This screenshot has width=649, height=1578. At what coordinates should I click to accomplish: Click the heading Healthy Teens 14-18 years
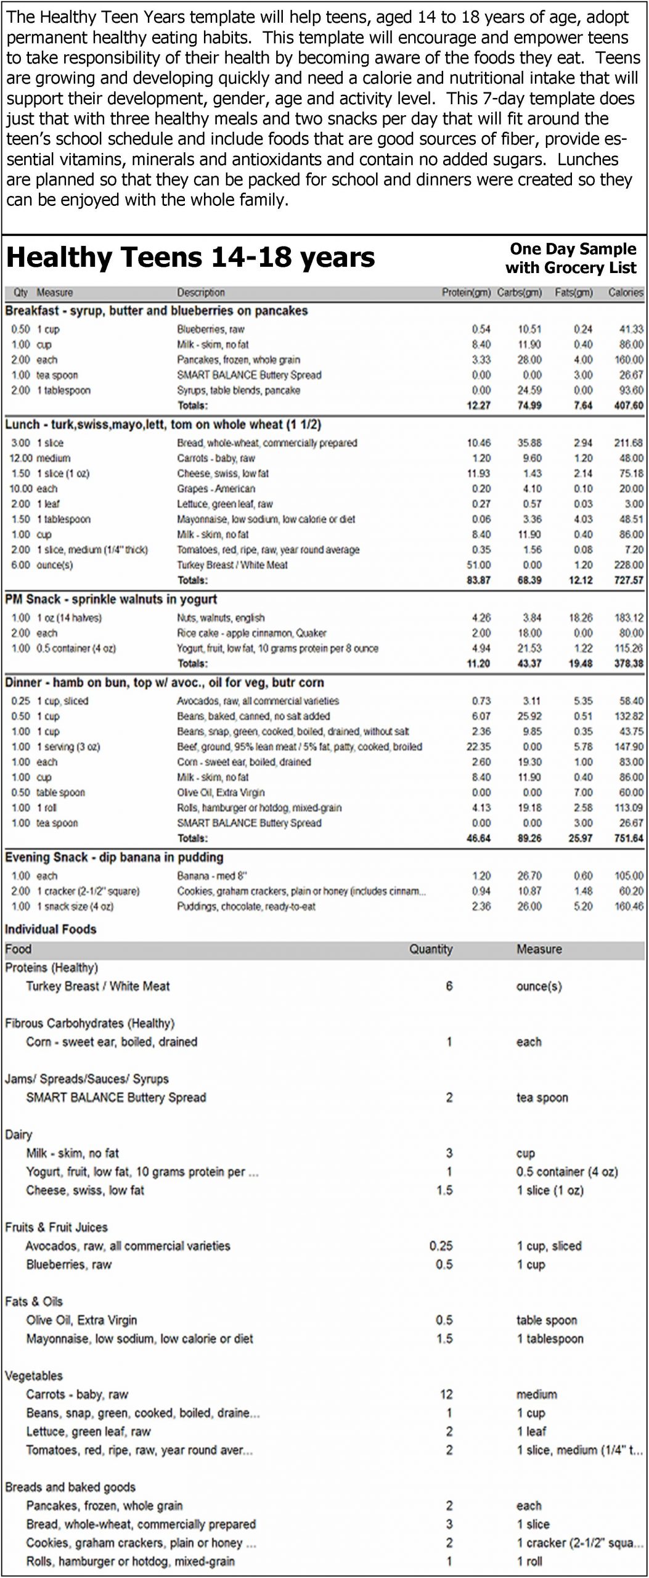(190, 258)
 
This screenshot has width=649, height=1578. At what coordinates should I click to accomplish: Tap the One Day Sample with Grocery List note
(571, 258)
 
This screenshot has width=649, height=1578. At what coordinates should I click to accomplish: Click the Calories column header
(626, 293)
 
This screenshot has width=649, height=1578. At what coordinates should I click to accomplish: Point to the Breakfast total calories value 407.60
(628, 406)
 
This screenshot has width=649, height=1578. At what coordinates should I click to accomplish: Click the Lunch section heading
(163, 425)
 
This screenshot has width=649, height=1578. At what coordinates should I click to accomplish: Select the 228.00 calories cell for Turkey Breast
(629, 565)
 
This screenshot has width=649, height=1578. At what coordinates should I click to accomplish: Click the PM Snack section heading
(111, 599)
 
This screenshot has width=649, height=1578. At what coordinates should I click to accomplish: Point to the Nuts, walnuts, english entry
(220, 618)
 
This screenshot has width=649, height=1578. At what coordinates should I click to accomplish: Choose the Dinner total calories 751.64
(628, 838)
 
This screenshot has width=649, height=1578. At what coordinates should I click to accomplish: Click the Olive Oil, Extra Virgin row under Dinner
(220, 793)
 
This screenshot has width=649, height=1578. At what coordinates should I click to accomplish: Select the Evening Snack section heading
(114, 857)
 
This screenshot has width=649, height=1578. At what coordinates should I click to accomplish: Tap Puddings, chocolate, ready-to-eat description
(246, 907)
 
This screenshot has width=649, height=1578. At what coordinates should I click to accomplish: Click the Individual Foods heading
(51, 930)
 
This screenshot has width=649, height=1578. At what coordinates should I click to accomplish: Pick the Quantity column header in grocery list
(430, 949)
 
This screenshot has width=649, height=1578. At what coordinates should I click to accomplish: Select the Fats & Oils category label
(33, 1301)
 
